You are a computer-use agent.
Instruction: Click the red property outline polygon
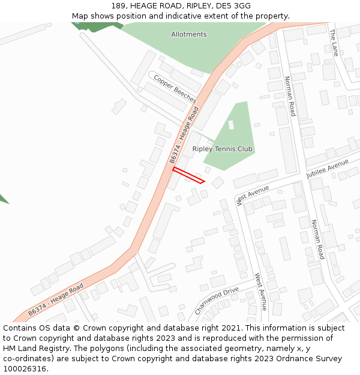188,175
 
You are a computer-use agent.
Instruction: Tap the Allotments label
188,34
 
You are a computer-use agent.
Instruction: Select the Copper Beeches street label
175,88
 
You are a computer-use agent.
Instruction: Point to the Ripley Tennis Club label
222,149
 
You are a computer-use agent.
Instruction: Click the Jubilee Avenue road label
328,169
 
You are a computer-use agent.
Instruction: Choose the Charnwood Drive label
217,301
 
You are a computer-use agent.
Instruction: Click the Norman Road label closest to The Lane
290,96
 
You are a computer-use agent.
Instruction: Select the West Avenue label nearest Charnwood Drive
260,292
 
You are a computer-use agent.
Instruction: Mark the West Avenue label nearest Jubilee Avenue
253,196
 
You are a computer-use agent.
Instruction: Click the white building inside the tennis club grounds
231,125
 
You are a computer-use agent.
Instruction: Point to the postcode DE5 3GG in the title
234,6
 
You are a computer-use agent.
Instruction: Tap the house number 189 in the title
118,6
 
